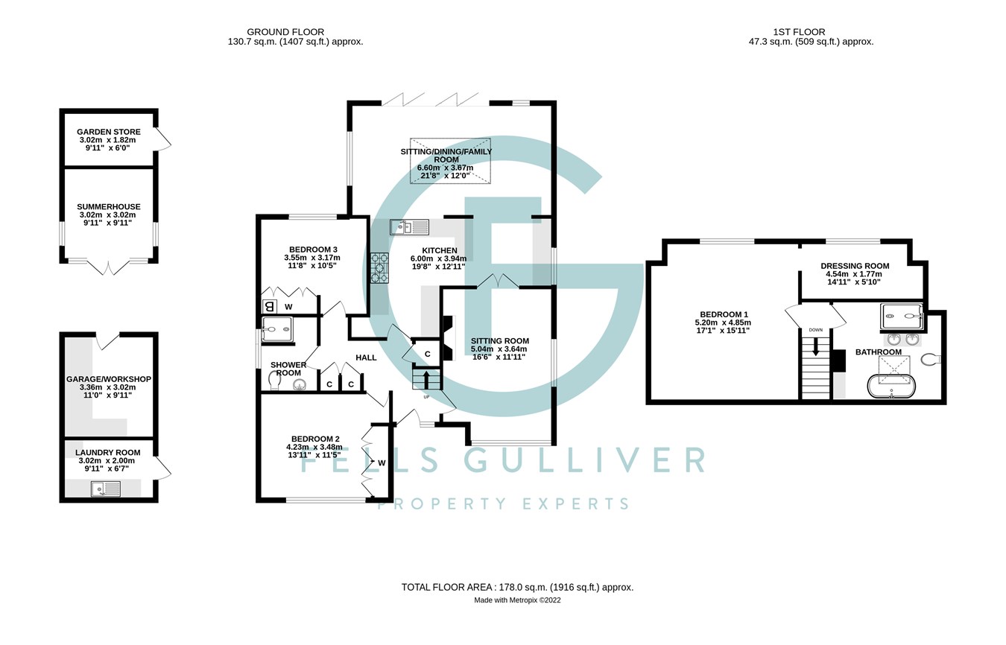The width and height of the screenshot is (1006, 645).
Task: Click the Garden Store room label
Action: (x=109, y=132)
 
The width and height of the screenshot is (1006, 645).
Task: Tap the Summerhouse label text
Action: (x=109, y=207)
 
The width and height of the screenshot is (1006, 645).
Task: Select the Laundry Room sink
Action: (x=106, y=489)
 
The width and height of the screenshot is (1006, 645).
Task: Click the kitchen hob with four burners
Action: (x=379, y=268)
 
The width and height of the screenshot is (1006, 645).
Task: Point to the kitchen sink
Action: (x=410, y=227)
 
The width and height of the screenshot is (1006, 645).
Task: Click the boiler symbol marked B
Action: (x=270, y=307)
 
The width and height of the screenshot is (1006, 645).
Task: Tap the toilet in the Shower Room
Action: (x=274, y=381)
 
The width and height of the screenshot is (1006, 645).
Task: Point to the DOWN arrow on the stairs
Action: (x=815, y=346)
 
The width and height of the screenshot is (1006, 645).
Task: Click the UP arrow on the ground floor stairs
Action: (x=426, y=379)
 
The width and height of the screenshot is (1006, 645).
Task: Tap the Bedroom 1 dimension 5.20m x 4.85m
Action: (x=723, y=322)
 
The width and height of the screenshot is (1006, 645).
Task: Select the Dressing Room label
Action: (x=855, y=266)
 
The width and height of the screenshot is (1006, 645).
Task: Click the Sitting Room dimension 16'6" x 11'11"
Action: (x=498, y=358)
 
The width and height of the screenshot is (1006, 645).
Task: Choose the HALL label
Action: (x=366, y=358)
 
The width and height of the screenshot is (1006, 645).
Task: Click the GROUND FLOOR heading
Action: (x=285, y=32)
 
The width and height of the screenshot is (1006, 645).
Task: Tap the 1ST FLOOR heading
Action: (x=799, y=32)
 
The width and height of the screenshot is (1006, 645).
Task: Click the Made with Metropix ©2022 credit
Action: (x=517, y=600)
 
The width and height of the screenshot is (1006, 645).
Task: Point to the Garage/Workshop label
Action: (x=109, y=379)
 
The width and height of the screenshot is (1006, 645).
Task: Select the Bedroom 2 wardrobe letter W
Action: (x=382, y=463)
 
